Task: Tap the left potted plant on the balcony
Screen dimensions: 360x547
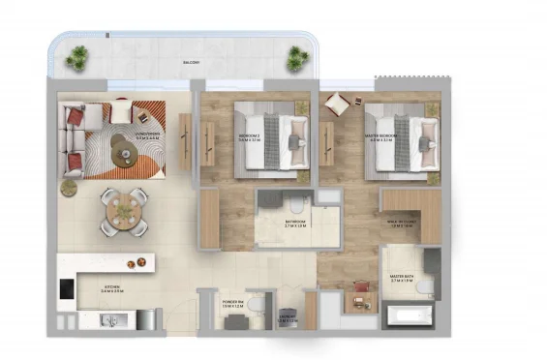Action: [76, 59]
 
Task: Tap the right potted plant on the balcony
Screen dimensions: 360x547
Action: [296, 60]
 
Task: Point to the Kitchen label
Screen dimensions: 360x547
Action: [112, 288]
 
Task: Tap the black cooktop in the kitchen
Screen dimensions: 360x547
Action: [67, 288]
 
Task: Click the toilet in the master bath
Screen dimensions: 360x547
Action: [425, 286]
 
